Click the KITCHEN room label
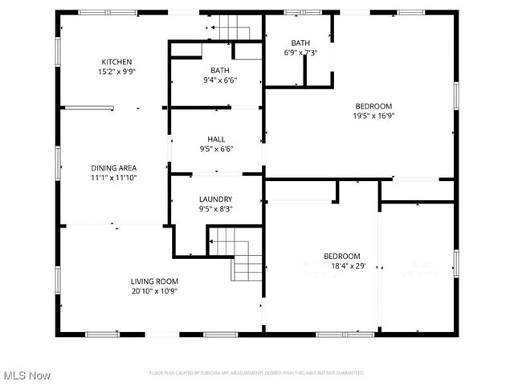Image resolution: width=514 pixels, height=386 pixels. click(x=116, y=62)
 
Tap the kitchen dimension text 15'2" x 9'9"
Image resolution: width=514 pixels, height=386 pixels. click(x=116, y=72)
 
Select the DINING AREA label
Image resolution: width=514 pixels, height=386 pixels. click(x=113, y=167)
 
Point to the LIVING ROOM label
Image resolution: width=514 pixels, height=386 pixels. click(x=154, y=281)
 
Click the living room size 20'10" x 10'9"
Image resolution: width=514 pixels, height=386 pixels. click(x=154, y=290)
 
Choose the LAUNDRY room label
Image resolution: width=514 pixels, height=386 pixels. click(x=216, y=199)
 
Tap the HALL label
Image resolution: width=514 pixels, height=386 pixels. click(x=216, y=138)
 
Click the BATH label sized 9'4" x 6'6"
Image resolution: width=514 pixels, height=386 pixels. click(x=220, y=70)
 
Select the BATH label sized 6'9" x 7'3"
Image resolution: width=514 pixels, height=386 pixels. click(x=300, y=43)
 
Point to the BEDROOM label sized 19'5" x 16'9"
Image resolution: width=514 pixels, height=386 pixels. click(x=373, y=105)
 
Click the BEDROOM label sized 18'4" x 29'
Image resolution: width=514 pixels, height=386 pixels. click(x=342, y=256)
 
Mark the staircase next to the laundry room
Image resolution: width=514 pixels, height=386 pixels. click(x=238, y=253)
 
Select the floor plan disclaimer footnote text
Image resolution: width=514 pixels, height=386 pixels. click(x=257, y=373)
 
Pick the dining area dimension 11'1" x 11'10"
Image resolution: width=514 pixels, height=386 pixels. click(x=113, y=177)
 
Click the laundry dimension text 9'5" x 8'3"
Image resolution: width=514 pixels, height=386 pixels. click(x=216, y=209)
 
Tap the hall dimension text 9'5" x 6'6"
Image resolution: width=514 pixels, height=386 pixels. click(x=216, y=149)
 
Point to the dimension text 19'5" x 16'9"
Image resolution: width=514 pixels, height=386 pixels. click(x=373, y=115)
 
